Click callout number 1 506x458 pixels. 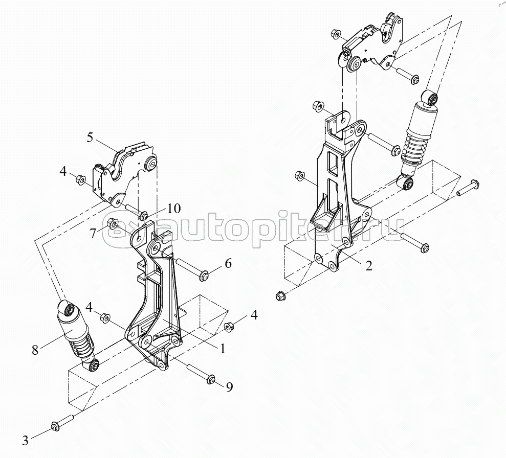(x=223, y=349)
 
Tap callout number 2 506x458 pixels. (x=368, y=265)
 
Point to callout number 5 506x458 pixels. (x=90, y=137)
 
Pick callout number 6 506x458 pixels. (x=228, y=264)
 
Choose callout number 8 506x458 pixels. (x=35, y=350)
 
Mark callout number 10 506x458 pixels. (x=173, y=208)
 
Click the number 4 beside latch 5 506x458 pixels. (x=63, y=171)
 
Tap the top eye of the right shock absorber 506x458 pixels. (x=431, y=97)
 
